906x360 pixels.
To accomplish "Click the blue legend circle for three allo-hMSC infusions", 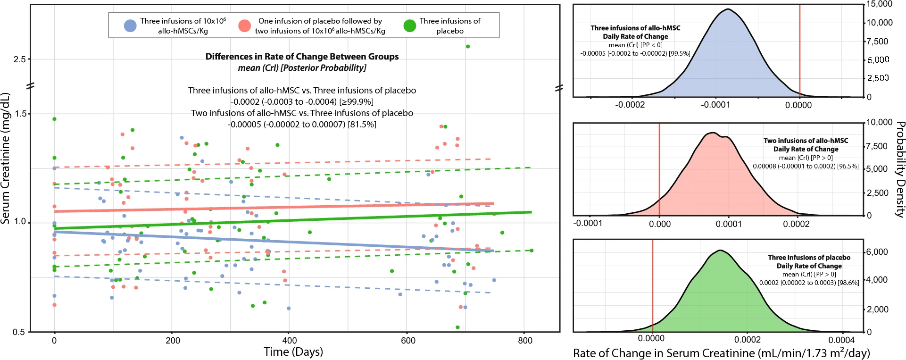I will (x=130, y=26).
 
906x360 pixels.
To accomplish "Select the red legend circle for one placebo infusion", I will (x=244, y=26).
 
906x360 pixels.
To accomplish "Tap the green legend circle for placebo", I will (x=410, y=26).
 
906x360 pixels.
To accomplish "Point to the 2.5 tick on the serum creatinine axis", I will (x=19, y=59).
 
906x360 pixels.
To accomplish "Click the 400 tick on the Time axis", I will (x=290, y=341).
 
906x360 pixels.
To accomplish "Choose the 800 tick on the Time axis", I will (x=525, y=341).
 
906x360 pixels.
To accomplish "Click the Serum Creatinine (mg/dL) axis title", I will (x=6, y=158).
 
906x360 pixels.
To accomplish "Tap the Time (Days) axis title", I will (x=293, y=352).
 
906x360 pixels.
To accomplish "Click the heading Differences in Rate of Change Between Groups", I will (x=302, y=57).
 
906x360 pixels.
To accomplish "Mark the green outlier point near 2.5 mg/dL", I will (x=468, y=46).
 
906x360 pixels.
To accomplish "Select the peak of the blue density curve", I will (x=729, y=9).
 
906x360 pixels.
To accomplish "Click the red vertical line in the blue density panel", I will (x=799, y=52).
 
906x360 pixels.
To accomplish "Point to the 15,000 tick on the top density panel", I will (x=880, y=4).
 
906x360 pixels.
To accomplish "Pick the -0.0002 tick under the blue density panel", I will (x=630, y=105).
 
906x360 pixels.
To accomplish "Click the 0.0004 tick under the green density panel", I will (x=841, y=340).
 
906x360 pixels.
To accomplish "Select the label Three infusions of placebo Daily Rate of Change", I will (x=809, y=262).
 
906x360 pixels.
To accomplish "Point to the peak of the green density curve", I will (x=720, y=250).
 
